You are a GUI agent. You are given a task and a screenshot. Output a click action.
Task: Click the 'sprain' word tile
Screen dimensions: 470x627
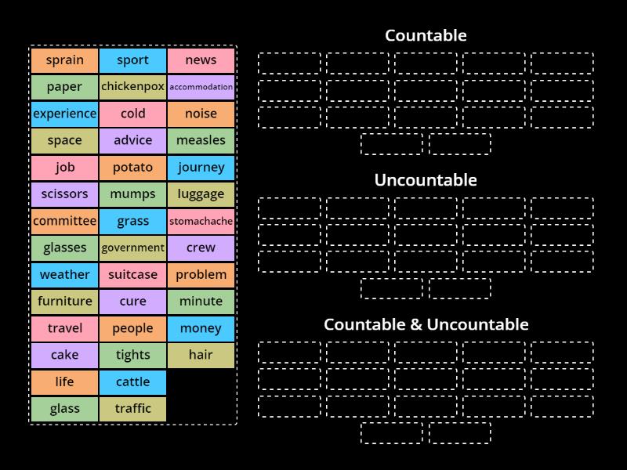[65, 60]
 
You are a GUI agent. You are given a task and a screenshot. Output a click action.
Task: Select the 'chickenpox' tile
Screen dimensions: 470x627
[133, 87]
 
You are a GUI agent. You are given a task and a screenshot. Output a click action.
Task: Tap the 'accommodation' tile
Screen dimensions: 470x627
[201, 87]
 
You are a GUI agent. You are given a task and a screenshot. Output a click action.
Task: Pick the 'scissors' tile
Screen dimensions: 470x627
[65, 194]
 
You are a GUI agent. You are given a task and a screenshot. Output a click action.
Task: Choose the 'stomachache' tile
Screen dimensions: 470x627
[201, 221]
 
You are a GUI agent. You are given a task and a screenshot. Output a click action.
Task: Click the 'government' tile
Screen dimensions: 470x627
[133, 248]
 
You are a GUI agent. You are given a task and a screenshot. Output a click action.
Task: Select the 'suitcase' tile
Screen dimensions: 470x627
[133, 275]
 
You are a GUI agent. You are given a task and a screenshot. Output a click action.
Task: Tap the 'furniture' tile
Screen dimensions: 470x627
[65, 302]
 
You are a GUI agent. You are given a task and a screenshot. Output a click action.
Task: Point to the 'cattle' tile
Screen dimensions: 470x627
[133, 382]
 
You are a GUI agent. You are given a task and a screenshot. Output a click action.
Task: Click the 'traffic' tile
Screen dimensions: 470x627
[133, 409]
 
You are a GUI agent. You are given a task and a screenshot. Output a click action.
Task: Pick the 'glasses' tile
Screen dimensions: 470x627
[65, 248]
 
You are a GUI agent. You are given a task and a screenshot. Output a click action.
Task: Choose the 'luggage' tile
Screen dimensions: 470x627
[201, 194]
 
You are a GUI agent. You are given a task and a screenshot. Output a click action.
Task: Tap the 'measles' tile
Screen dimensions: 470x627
[201, 141]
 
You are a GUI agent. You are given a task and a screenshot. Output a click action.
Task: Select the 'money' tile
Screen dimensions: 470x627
[201, 328]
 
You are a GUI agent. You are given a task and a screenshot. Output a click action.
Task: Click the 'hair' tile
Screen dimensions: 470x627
[201, 355]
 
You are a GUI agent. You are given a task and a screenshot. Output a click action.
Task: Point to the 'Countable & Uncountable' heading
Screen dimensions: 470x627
[426, 324]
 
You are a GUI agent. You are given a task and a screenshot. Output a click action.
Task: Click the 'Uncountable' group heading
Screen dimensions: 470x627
[426, 180]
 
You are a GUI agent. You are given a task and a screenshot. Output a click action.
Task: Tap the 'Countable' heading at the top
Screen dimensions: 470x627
[426, 35]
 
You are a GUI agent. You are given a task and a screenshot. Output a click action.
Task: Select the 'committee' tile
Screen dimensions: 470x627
[65, 221]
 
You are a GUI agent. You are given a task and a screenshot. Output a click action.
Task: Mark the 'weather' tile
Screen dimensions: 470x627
[65, 275]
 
